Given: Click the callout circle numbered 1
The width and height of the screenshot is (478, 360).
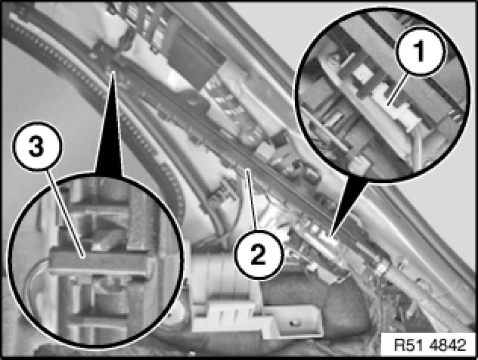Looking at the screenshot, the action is [x=421, y=51].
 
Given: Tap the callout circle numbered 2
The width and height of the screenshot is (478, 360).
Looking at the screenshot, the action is [x=259, y=255].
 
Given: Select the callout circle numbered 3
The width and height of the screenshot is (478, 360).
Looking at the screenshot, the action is [x=37, y=146].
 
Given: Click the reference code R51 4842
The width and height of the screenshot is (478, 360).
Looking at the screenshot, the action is [x=430, y=345].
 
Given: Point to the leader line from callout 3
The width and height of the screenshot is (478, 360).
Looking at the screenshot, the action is [x=65, y=214].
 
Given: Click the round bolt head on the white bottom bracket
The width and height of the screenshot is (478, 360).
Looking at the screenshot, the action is [x=294, y=322].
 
